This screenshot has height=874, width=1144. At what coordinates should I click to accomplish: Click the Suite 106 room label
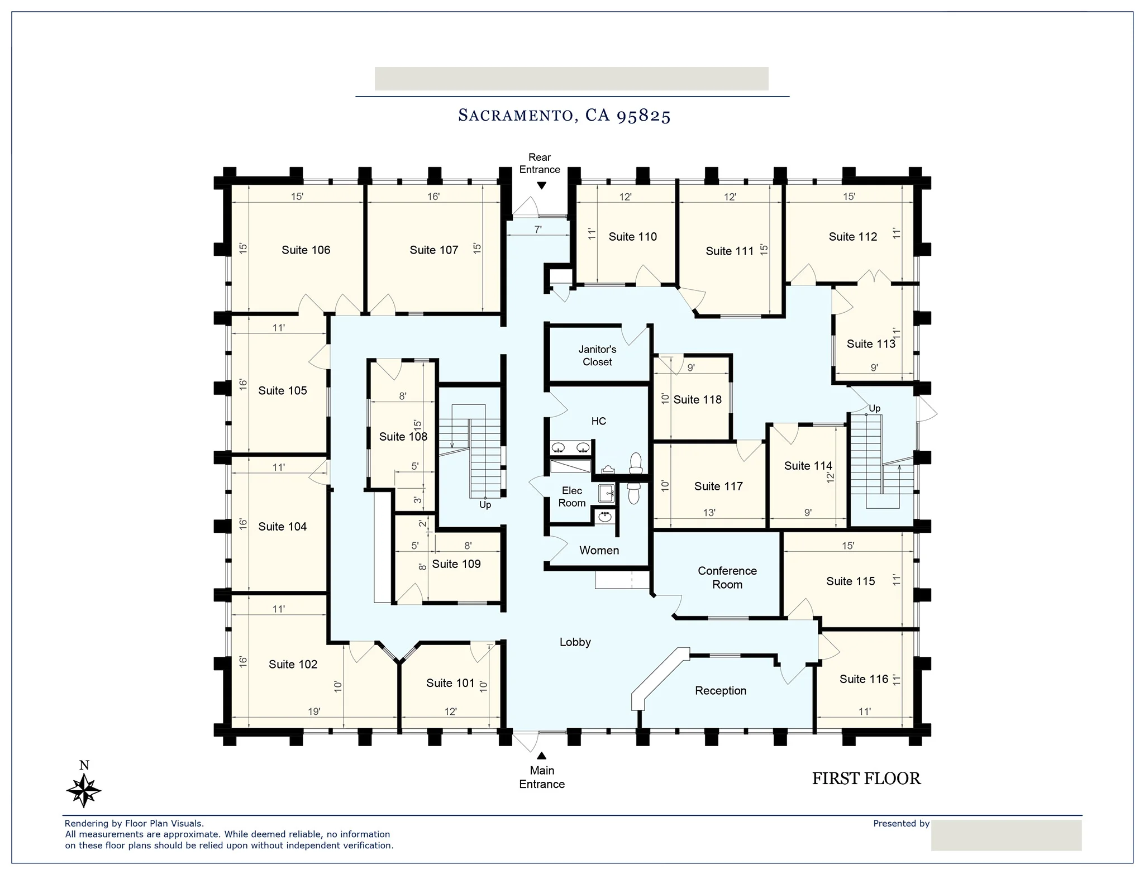[306, 250]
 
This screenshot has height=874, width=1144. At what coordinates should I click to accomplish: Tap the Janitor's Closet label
[597, 356]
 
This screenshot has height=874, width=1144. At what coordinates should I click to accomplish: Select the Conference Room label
[727, 577]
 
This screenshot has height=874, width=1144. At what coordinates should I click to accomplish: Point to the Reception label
[721, 691]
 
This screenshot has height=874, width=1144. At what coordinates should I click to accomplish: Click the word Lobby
[575, 642]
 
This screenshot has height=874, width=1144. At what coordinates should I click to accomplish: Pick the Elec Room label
[572, 496]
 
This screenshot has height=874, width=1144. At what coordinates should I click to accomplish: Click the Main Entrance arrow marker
[541, 756]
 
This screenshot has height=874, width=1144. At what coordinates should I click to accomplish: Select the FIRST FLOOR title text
[866, 779]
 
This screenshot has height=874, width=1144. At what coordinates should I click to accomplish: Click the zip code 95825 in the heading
[643, 116]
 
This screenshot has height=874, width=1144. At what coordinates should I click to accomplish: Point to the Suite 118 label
[697, 400]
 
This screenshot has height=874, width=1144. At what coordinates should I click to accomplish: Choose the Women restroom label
[599, 551]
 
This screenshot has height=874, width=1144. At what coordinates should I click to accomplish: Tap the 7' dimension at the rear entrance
[538, 230]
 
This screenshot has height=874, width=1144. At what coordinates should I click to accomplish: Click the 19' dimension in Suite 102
[314, 711]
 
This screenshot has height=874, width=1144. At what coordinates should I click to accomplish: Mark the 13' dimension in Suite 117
[709, 513]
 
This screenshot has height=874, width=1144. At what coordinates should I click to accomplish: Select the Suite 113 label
[871, 344]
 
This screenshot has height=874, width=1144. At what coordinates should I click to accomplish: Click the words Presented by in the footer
[901, 824]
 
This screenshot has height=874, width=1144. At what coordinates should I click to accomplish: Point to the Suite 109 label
[456, 564]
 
